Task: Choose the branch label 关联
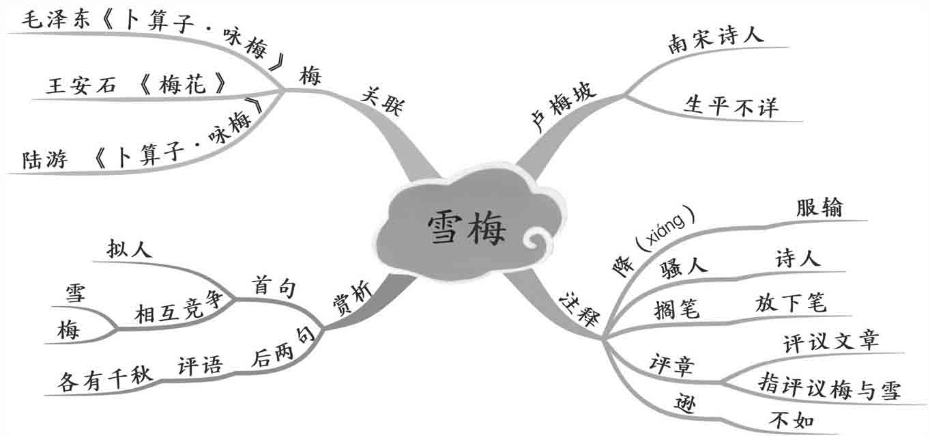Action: click(383, 103)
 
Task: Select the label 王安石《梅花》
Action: click(136, 85)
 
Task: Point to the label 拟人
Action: click(130, 249)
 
